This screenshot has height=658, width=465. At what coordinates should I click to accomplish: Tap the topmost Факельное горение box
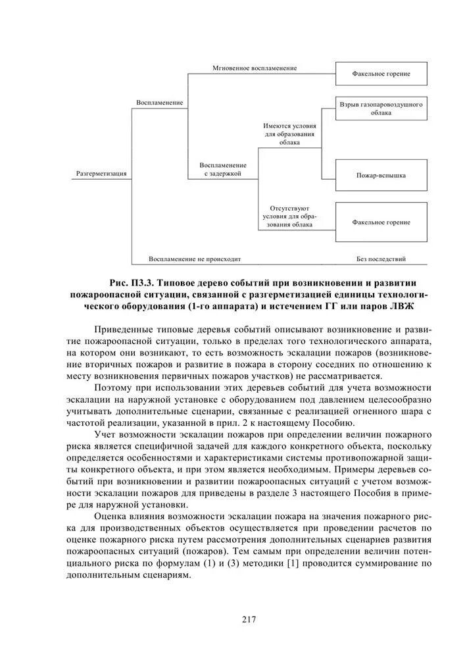(381, 74)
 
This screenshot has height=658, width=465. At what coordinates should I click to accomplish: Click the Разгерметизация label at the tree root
(101, 174)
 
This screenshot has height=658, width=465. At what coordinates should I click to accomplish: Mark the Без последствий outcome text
(381, 259)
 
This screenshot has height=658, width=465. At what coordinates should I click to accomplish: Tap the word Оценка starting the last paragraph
(112, 517)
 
